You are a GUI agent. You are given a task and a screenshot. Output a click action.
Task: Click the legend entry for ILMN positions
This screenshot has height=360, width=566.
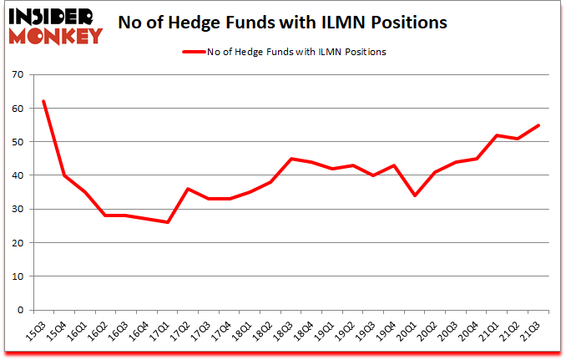[284, 52]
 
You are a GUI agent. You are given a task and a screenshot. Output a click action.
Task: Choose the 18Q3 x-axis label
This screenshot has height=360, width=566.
[284, 332]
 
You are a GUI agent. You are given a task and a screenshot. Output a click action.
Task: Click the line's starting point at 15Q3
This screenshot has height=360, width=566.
[43, 101]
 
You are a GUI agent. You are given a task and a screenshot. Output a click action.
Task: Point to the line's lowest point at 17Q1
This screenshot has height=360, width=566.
[168, 222]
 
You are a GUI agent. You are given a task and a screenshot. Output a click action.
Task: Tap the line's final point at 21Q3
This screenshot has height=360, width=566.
[539, 125]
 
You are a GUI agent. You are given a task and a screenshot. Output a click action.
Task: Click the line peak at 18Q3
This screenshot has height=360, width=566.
[291, 159]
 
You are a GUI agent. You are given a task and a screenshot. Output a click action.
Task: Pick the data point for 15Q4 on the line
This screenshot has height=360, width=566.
[63, 175]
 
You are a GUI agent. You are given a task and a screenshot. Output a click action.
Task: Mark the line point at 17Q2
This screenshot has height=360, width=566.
[189, 189]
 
